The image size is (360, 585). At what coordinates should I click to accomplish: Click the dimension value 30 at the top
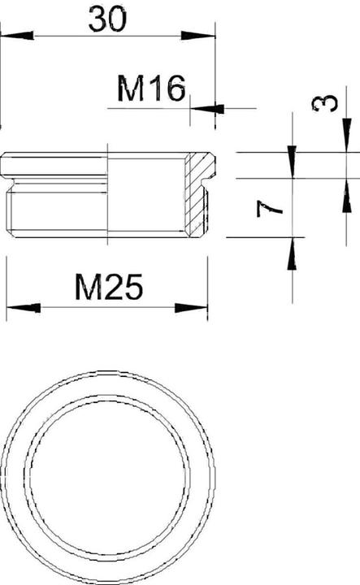point(107,19)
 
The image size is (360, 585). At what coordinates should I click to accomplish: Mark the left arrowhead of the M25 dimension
point(23,308)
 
